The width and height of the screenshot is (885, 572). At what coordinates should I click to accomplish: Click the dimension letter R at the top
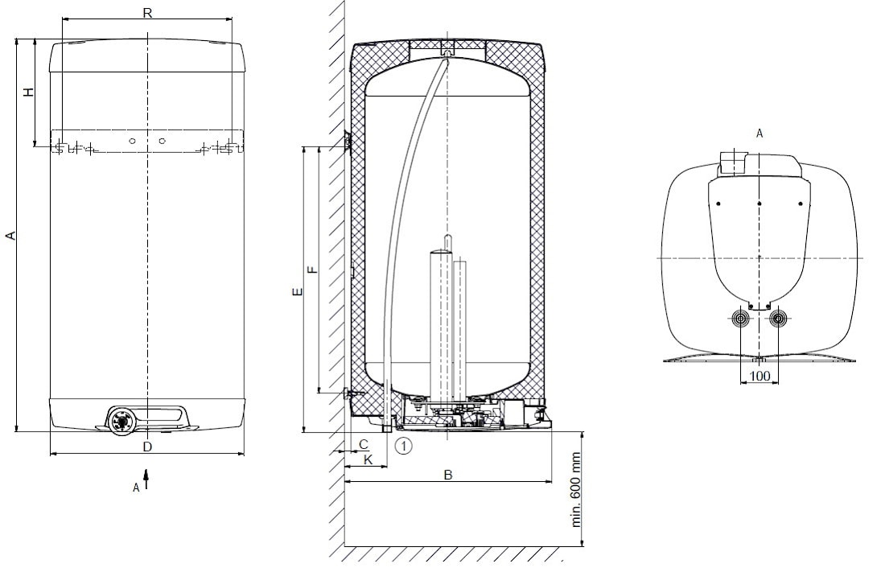click(x=147, y=12)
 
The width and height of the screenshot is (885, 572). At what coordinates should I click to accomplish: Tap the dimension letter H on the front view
click(x=28, y=92)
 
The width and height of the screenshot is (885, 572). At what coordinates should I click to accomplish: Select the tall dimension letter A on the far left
click(x=10, y=235)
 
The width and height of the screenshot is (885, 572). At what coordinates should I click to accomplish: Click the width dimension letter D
click(x=147, y=446)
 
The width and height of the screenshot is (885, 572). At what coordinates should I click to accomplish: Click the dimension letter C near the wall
click(x=364, y=444)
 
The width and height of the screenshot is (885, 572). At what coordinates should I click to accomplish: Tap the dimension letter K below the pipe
click(x=368, y=459)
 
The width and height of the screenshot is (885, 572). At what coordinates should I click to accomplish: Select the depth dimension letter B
click(x=448, y=475)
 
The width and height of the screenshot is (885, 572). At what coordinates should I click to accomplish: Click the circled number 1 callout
click(x=404, y=446)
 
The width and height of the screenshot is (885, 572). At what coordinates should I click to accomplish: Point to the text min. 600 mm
click(x=576, y=489)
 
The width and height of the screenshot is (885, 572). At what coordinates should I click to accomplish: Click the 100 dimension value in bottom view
click(x=759, y=376)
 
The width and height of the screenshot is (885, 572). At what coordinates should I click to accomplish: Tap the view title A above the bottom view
click(x=759, y=134)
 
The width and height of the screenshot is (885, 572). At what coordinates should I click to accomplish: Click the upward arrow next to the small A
click(x=146, y=479)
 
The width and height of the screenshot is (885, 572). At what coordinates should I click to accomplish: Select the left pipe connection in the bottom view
click(x=740, y=319)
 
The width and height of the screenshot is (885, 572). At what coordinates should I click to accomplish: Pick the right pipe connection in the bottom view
click(x=778, y=319)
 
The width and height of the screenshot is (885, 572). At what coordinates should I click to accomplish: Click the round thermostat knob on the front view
click(x=121, y=421)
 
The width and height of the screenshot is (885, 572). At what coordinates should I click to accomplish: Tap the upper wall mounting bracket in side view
click(x=348, y=140)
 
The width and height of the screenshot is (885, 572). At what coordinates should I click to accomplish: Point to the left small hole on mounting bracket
click(x=132, y=141)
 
